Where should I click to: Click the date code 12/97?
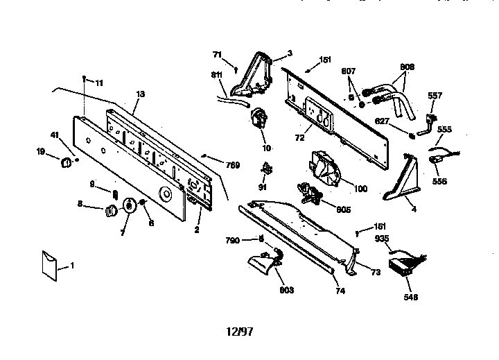click(x=240, y=332)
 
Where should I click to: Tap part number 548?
click(x=410, y=298)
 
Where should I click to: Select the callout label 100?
click(x=360, y=189)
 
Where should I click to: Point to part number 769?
click(x=233, y=165)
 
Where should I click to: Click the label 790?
click(x=232, y=241)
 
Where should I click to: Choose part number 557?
click(x=435, y=96)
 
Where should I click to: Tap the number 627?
click(x=382, y=121)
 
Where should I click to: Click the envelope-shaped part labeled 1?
click(x=49, y=266)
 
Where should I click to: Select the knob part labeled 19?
click(x=67, y=162)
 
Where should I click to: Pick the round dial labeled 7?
click(x=130, y=205)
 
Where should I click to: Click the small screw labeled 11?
click(x=84, y=78)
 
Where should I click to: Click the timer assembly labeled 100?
click(x=324, y=169)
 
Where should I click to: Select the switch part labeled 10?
click(x=259, y=119)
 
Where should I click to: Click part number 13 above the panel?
click(x=140, y=94)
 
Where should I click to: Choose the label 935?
click(x=382, y=239)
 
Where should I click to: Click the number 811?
click(x=216, y=74)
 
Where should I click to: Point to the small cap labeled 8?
click(x=110, y=211)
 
